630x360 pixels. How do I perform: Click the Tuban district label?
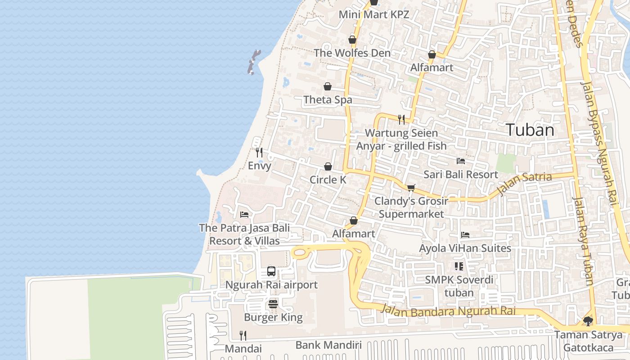[x=530, y=130]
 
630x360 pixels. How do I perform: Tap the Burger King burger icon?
[x=273, y=304]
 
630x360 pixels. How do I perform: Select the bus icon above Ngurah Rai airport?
[x=271, y=271]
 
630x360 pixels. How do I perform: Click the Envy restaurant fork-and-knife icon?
[x=259, y=153]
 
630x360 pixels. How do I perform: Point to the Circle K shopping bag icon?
[x=328, y=166]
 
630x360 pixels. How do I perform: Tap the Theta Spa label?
[x=328, y=100]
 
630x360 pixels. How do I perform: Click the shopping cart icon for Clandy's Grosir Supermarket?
[x=411, y=188]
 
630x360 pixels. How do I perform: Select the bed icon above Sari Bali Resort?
[x=460, y=161]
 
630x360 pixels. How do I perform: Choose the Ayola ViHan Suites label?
[x=465, y=248]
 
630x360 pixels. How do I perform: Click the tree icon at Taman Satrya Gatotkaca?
[x=588, y=321]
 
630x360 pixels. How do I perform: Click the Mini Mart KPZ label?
[x=373, y=14]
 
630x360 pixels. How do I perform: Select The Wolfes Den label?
[x=352, y=53]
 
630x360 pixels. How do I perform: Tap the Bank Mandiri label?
[x=328, y=345]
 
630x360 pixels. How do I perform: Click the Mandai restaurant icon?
[x=243, y=335]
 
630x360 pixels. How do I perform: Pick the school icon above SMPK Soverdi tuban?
[x=459, y=266]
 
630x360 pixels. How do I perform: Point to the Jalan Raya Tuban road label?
[x=583, y=241]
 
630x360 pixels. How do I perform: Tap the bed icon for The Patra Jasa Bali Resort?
[x=244, y=214]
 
